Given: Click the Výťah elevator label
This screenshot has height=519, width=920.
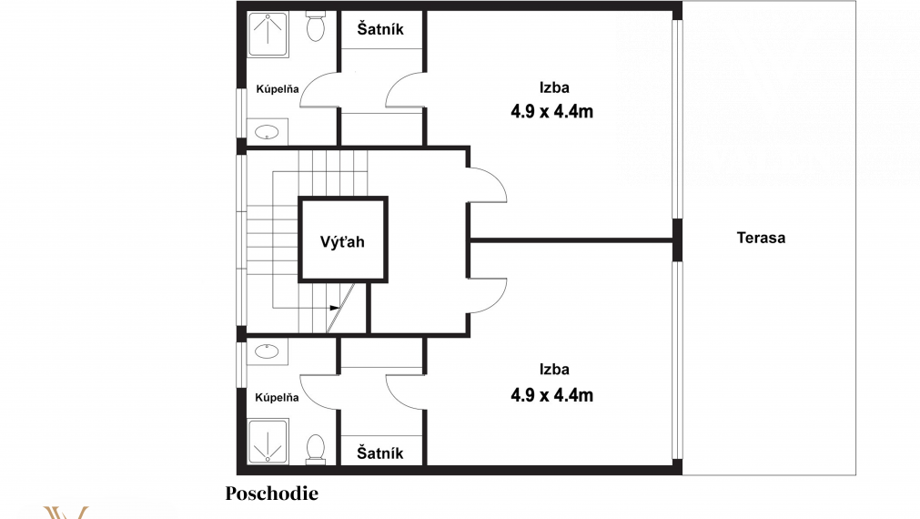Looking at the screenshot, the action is pos(342,241).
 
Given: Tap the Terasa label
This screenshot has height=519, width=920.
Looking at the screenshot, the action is pos(761,238).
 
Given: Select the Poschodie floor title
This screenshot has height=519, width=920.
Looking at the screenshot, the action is pos(272,494).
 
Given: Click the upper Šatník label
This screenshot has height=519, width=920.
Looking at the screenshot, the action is pos(380,29).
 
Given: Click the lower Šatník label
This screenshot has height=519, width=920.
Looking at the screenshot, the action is pos(380,453).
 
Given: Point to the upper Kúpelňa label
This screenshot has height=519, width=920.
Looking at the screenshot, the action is pos(278,88).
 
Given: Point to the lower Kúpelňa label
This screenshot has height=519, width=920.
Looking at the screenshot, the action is pos(277,397).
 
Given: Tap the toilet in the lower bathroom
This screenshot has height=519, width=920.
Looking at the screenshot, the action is pos(316,449).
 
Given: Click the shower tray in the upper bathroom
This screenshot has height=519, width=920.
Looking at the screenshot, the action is pos(268,34).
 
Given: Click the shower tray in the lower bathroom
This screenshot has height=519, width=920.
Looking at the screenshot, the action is pos(268,441).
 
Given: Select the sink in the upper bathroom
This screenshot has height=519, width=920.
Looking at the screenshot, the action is pos(267,131).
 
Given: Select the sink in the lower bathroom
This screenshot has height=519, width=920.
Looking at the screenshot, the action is pos(267,351).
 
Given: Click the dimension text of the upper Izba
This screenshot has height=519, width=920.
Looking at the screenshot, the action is pos(551,111).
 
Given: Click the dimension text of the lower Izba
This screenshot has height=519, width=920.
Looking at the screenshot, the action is pos(551,394).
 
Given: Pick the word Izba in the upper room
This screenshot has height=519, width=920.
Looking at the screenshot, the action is pos(554,87).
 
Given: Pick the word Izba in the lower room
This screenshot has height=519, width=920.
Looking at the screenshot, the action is pos(554,370).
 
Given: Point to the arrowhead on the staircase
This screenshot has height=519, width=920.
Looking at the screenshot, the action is pos(335,308).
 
